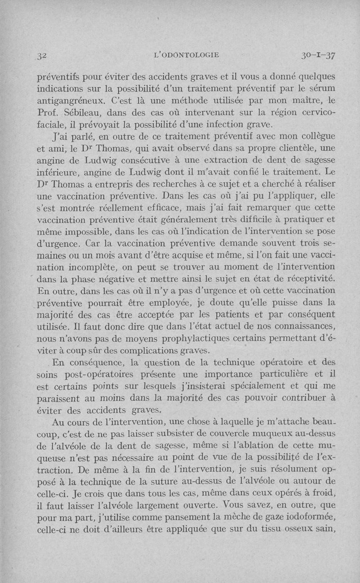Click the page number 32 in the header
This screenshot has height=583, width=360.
(x=43, y=55)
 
